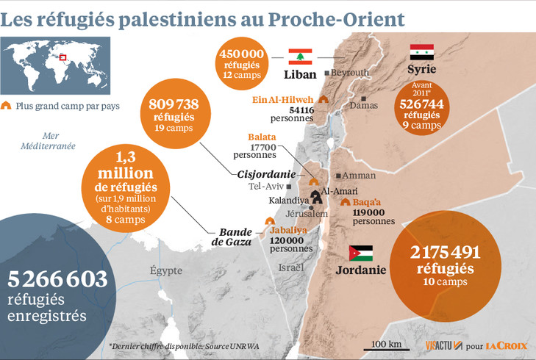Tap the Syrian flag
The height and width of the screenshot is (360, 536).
click(421, 52)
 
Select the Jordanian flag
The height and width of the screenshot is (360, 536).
click(360, 253)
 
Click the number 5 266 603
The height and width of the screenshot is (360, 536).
click(58, 279)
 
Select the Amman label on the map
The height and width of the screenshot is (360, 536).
click(359, 176)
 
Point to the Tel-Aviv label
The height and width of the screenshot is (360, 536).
click(267, 187)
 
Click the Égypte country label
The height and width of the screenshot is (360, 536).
click(165, 270)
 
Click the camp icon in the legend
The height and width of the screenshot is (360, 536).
click(8, 106)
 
